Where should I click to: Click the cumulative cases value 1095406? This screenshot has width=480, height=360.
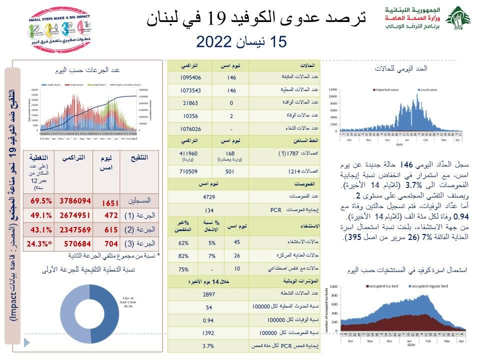coord(190,77)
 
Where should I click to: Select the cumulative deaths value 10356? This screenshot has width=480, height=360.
coord(190,115)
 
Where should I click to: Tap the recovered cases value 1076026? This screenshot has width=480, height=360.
coord(190,128)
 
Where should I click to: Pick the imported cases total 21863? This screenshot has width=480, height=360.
coord(190,103)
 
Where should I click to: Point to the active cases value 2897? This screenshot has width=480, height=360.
coord(208,295)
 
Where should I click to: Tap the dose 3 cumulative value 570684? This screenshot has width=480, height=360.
coord(75,243)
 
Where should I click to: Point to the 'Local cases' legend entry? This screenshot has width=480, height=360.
coord(426,90)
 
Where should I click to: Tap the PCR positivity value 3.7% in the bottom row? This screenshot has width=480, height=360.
coord(208,346)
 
